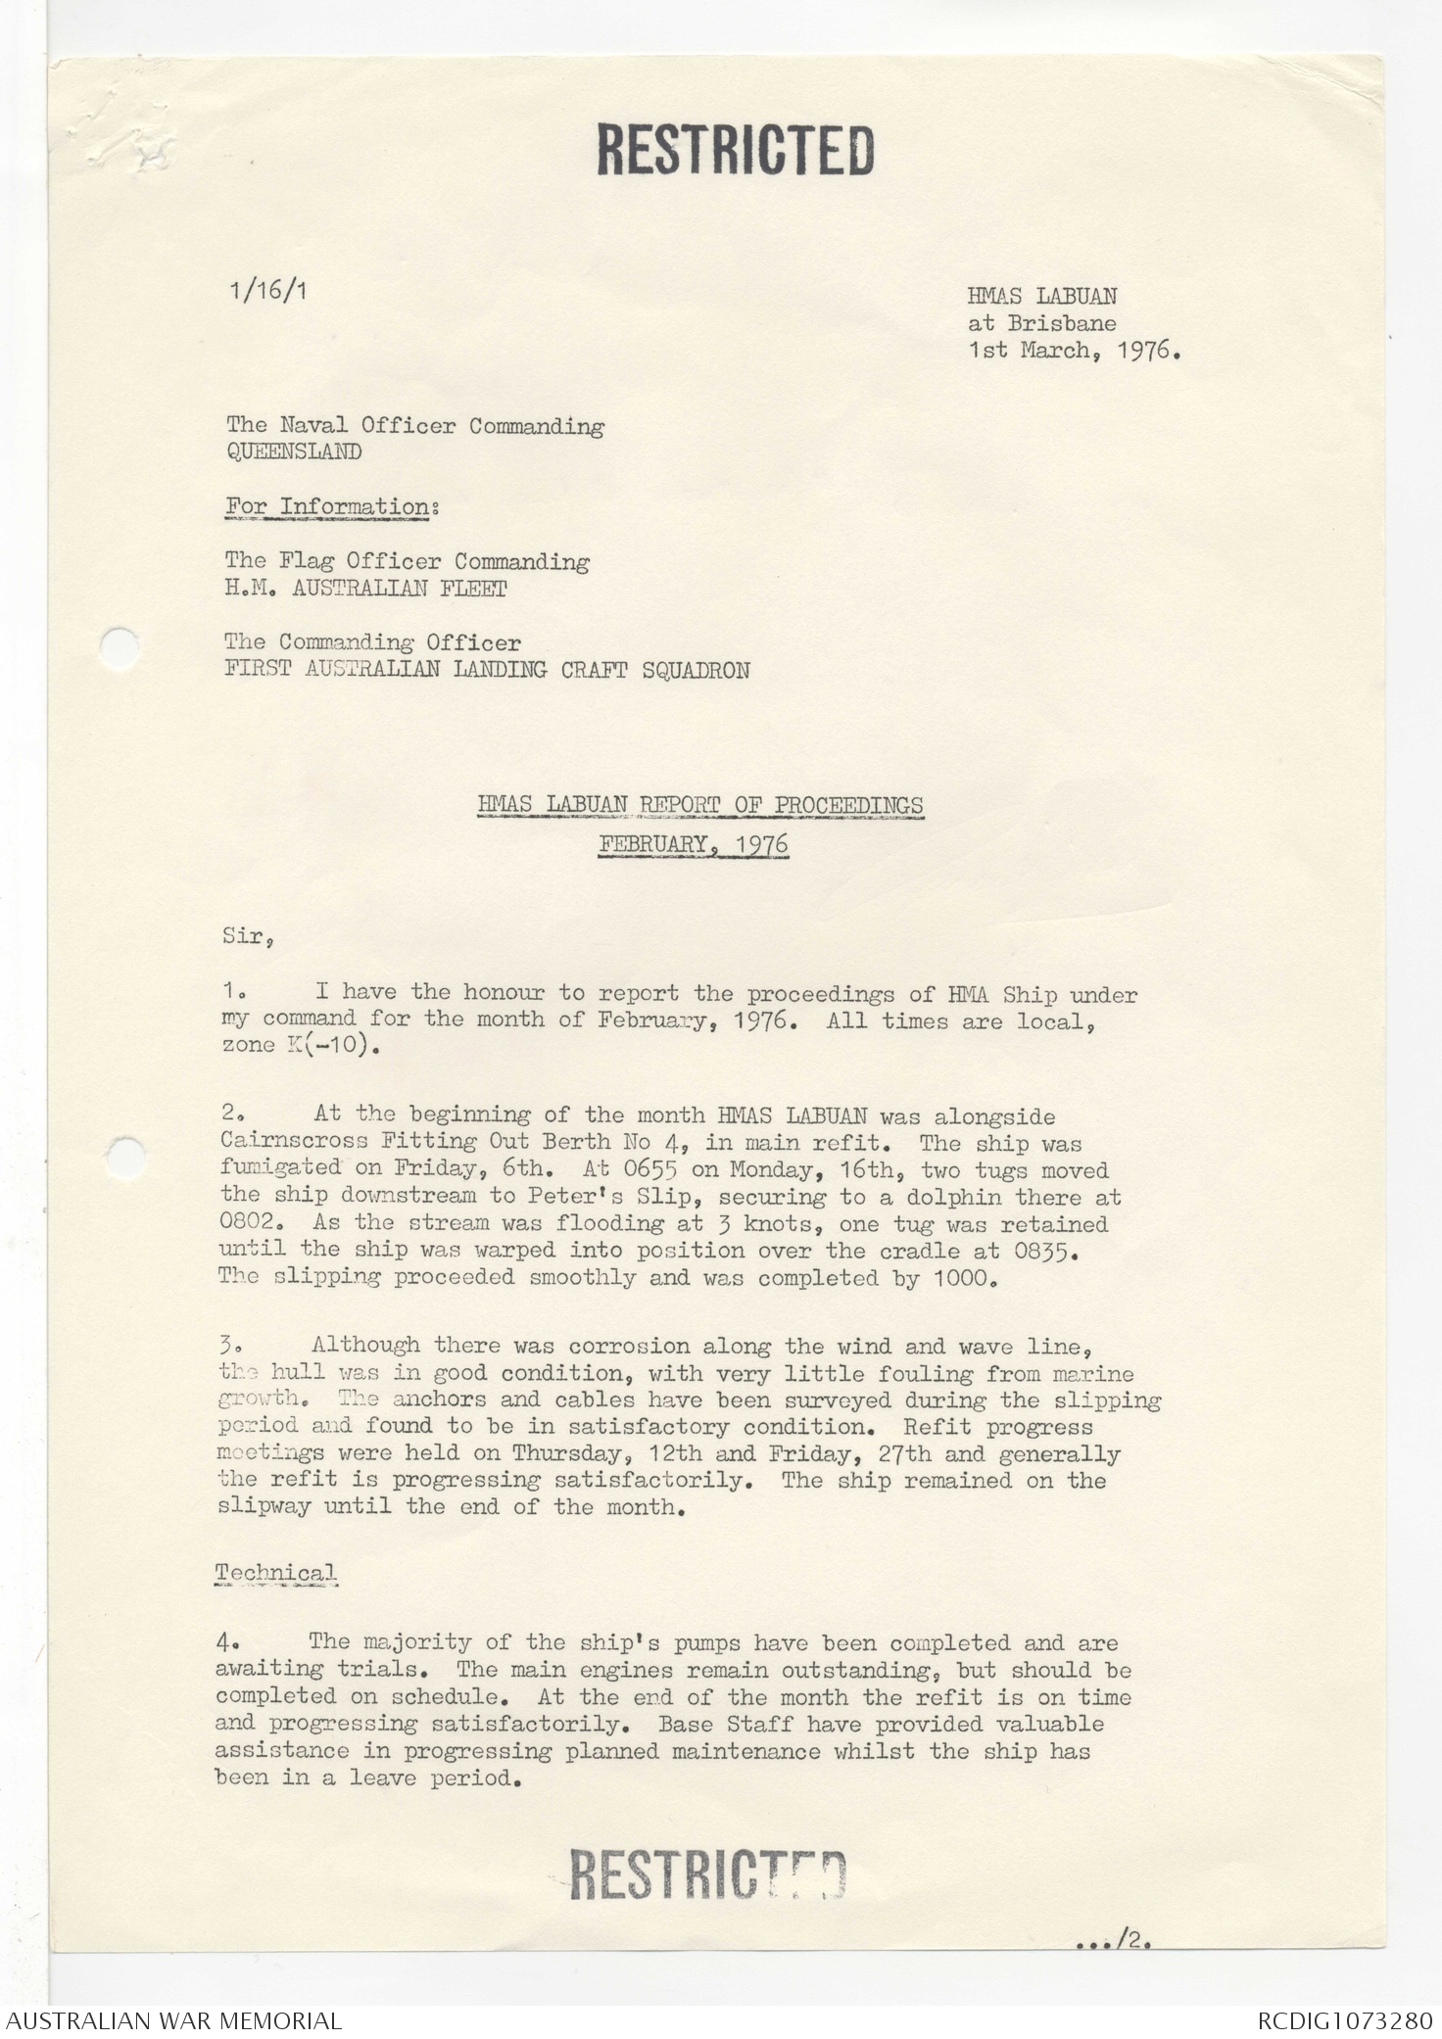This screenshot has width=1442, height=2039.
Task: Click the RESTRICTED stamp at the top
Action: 735,150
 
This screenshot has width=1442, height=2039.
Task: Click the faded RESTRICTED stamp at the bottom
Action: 707,1875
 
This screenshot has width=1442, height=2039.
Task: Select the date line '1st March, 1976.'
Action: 1074,351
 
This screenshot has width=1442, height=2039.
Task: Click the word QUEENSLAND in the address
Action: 294,452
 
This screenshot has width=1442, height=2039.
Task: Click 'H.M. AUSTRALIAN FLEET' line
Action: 365,589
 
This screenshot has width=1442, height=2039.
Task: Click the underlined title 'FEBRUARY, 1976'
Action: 694,844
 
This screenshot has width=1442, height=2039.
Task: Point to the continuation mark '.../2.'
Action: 1113,1938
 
